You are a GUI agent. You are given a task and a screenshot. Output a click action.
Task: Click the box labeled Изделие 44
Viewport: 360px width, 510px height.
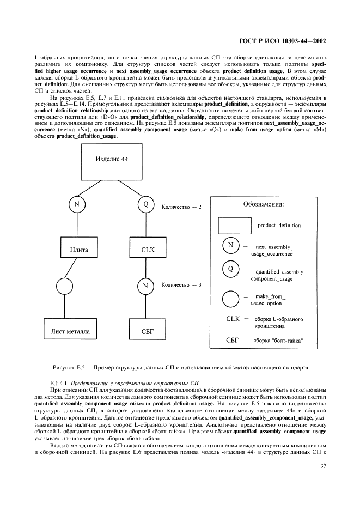tap(111, 159)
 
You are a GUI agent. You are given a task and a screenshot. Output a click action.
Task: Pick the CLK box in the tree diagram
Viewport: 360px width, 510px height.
tap(146, 250)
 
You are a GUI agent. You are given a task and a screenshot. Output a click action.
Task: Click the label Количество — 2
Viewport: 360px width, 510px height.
tap(182, 207)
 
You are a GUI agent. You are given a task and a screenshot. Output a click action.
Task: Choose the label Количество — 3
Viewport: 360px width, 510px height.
tap(182, 285)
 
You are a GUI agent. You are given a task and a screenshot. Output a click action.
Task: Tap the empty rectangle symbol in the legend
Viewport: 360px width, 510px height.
tap(234, 224)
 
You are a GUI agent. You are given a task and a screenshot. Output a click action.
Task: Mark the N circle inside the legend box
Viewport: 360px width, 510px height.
tap(230, 245)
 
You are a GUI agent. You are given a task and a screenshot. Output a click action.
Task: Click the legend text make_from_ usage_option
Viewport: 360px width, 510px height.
tap(267, 299)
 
